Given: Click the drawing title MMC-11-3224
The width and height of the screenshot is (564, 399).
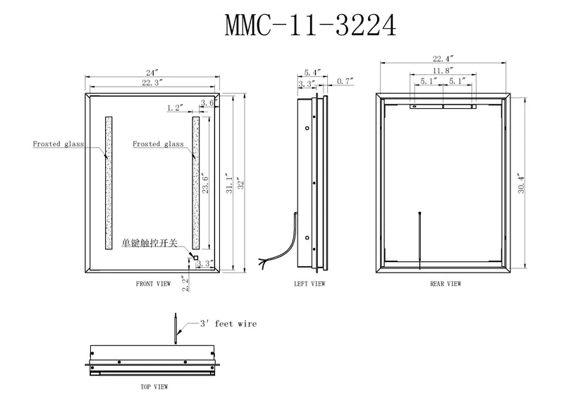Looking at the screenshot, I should [x=310, y=25].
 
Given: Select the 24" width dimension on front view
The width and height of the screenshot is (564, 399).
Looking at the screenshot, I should [x=152, y=72].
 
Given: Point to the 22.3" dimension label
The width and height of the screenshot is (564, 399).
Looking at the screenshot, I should [x=152, y=83].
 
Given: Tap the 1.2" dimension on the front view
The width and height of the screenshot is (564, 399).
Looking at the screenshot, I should [x=176, y=108].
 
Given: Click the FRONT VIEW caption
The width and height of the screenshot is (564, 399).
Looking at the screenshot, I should [x=153, y=284].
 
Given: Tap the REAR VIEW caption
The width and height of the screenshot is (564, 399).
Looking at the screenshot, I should [x=445, y=284].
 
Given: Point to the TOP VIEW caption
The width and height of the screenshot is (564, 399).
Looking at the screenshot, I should [x=153, y=387].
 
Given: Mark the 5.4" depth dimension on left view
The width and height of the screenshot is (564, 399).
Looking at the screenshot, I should [x=312, y=72].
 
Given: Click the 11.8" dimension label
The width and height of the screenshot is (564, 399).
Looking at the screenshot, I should [x=443, y=71].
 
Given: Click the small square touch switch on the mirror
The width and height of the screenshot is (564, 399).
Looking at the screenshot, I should [x=195, y=258].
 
